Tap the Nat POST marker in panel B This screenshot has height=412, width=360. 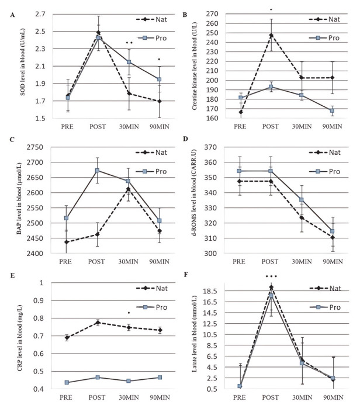(271, 35)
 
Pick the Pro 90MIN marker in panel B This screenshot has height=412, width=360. (332, 110)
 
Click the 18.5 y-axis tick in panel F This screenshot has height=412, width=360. (227, 290)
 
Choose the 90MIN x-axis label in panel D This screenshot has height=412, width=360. (332, 264)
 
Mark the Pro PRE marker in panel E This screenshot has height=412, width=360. (67, 382)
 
